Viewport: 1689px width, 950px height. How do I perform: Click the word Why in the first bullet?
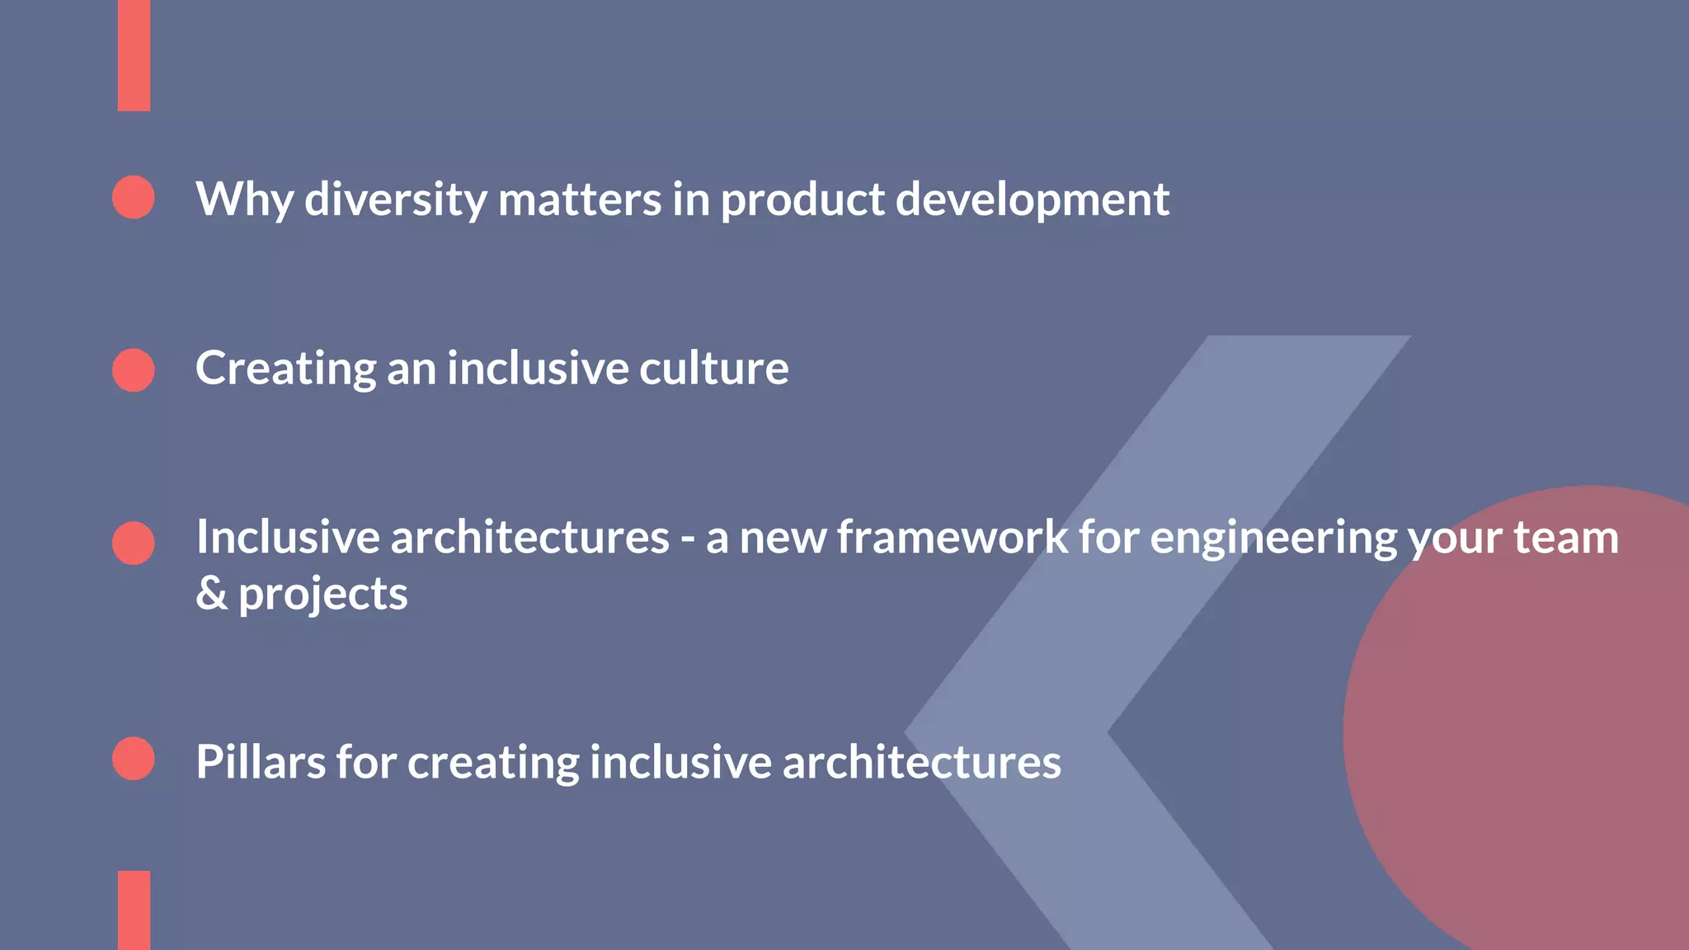[x=244, y=200]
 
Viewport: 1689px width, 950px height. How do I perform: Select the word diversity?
[x=396, y=200]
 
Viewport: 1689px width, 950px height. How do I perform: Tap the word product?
[x=802, y=200]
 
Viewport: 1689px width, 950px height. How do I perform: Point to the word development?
[x=1032, y=200]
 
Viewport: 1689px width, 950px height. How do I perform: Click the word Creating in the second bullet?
[x=285, y=369]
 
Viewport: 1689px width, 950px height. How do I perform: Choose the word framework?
[x=953, y=538]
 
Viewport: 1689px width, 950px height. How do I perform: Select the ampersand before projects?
[x=211, y=594]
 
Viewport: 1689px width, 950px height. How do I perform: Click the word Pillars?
[x=261, y=762]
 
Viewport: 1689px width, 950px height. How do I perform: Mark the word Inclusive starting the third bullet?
[x=287, y=538]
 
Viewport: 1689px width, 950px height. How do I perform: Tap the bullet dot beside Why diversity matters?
[x=134, y=197]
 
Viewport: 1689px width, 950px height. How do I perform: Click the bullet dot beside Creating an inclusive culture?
[x=134, y=369]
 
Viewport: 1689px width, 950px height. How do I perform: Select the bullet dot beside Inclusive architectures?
[x=134, y=543]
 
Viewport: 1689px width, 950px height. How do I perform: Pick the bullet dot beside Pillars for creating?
[x=134, y=759]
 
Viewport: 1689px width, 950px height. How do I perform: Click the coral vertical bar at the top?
[x=134, y=54]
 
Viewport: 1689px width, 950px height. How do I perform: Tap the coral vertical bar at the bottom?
[x=134, y=910]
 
